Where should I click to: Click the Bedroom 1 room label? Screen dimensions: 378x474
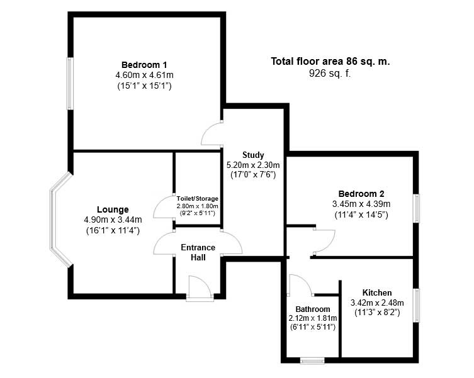144,65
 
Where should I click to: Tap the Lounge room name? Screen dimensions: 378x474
113,209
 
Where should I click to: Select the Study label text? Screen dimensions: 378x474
253,155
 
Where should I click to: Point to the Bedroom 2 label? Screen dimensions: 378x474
361,194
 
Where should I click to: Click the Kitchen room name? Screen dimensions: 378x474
377,292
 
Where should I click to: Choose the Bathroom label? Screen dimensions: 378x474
313,309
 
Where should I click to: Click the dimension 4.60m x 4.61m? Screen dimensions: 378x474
144,75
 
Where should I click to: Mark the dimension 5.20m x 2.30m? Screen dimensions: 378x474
253,165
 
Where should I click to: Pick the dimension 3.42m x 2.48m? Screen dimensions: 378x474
377,303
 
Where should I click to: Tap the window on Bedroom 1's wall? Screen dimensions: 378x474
69,84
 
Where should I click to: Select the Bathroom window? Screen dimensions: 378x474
312,361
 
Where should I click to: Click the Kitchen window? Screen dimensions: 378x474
416,306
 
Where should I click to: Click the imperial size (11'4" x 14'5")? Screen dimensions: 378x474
361,214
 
